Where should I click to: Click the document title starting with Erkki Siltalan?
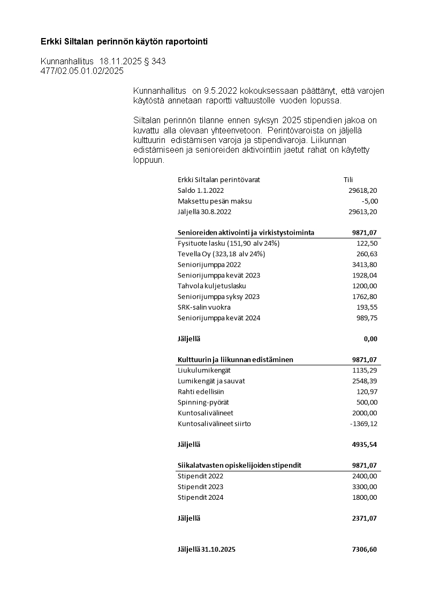tap(124, 41)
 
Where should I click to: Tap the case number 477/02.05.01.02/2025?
tap(82, 71)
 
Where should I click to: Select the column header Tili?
tap(348, 180)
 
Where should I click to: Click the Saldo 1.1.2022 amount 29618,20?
tap(363, 191)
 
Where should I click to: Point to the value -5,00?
tap(369, 201)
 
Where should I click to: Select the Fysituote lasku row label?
tap(229, 243)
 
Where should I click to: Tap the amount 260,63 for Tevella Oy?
tap(367, 254)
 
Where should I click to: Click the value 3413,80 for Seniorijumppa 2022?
tap(365, 265)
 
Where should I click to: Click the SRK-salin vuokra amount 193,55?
tap(367, 307)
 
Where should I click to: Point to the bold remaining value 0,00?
tap(370, 339)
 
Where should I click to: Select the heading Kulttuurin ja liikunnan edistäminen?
tap(235, 360)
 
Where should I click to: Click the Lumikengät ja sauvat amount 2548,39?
tap(365, 381)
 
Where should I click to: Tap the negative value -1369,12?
tap(363, 424)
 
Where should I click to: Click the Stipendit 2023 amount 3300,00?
tap(365, 487)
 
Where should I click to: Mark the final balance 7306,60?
tap(364, 550)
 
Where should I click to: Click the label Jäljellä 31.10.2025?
tap(207, 550)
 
